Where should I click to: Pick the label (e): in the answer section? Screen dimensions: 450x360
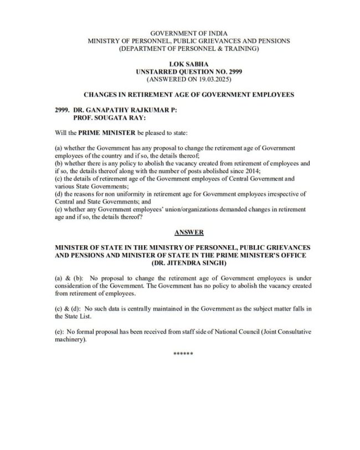pyautogui.click(x=59, y=331)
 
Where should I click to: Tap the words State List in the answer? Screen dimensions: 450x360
pyautogui.click(x=70, y=316)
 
